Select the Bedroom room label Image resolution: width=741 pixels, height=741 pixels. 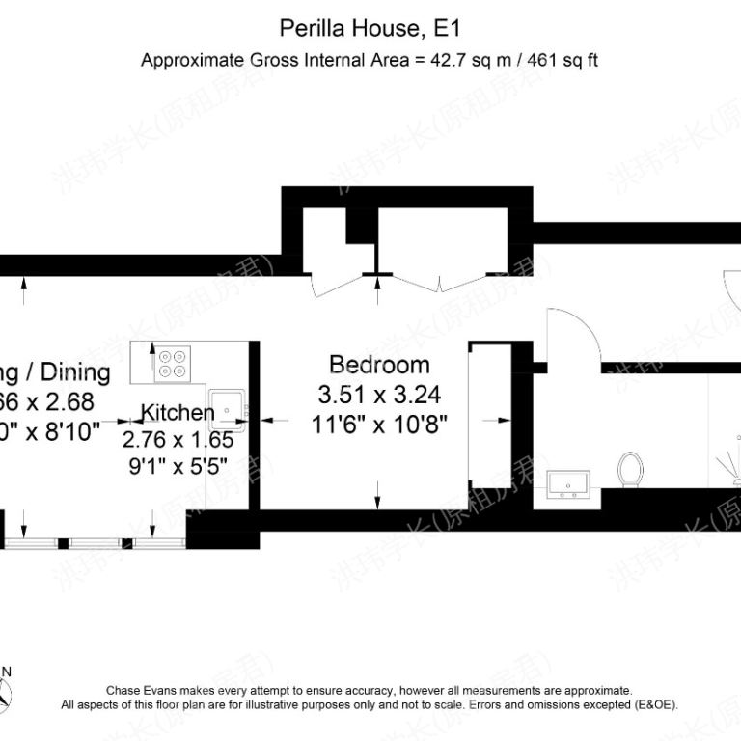coord(379,365)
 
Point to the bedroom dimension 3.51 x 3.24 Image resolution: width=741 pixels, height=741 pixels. coord(379,394)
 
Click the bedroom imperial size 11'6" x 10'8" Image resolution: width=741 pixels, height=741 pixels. coord(379,423)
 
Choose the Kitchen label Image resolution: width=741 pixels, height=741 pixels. coord(178,413)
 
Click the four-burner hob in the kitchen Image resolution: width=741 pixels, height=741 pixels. coord(175,363)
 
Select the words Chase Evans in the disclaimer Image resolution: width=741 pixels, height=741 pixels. coord(137,691)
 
